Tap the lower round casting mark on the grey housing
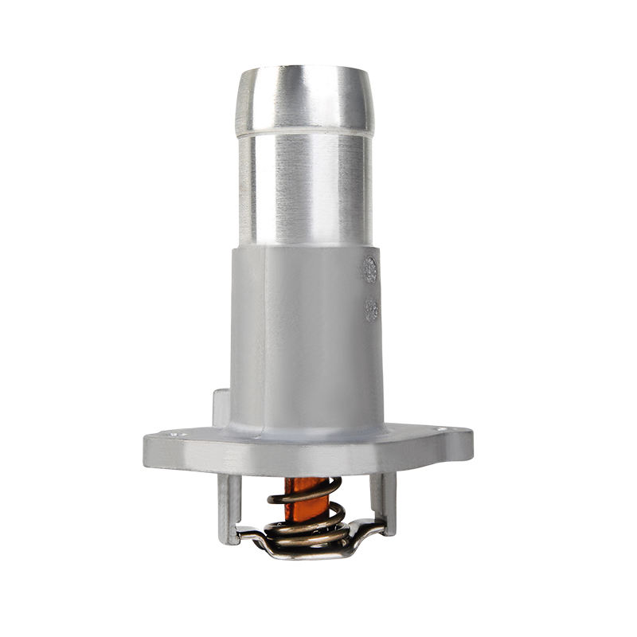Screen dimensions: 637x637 (370, 308)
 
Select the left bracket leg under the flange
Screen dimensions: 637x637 (229, 506)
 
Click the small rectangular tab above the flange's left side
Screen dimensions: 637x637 (221, 406)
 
